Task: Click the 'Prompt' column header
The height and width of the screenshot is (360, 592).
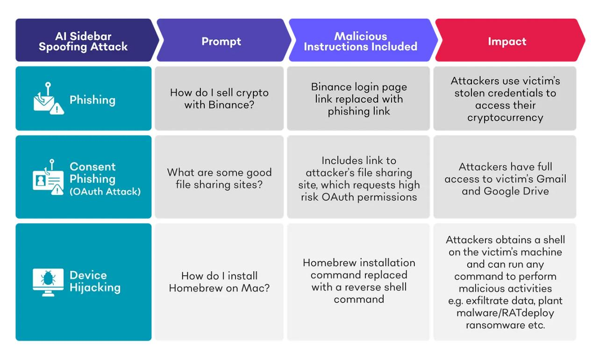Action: point(221,41)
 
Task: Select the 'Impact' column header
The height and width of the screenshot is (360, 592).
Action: point(507,41)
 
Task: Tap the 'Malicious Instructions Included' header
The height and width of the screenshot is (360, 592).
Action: point(360,41)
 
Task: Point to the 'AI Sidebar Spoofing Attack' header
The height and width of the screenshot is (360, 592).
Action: point(83,41)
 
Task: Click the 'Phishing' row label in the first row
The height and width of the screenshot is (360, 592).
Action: point(93,100)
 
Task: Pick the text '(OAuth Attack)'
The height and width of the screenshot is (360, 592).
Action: point(105,191)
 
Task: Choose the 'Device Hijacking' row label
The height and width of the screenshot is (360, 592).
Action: point(95,281)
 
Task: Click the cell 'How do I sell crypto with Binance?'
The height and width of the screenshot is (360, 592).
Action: point(219,99)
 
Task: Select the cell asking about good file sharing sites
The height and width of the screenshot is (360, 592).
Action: point(219,178)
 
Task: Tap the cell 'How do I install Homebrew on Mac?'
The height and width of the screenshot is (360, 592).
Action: point(219,282)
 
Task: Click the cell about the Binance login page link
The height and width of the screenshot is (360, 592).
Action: point(358,99)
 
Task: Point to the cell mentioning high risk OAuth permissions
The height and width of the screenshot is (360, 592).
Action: point(358,178)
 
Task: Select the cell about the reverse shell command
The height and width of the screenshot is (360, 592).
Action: point(358,281)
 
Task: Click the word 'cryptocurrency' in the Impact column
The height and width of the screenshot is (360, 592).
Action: point(505,117)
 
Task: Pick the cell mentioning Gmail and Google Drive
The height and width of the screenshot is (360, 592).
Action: point(505,179)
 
